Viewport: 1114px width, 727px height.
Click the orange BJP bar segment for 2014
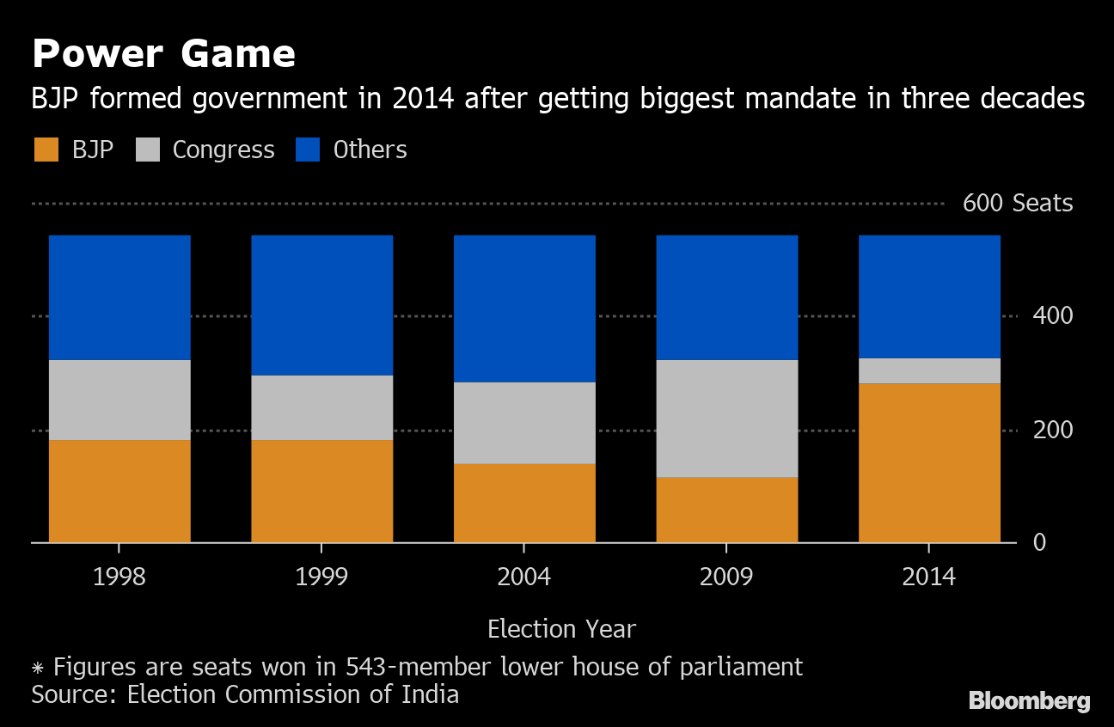pos(929,462)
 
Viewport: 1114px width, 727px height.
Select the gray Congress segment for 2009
pos(726,418)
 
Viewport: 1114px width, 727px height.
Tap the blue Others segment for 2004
pos(524,309)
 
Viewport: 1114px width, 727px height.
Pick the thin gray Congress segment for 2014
pos(929,370)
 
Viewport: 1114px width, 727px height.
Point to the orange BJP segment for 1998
pos(119,491)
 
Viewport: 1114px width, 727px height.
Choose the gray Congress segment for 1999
pos(321,407)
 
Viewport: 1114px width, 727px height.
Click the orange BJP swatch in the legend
pos(46,150)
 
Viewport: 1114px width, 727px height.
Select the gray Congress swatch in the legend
pos(149,150)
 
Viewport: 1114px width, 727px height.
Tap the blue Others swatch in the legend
pos(308,150)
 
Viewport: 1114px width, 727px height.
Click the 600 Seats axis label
pos(1017,204)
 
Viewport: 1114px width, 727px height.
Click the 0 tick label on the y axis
pos(1039,542)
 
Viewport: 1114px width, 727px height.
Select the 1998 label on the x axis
pos(119,576)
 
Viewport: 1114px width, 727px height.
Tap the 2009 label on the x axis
pos(726,576)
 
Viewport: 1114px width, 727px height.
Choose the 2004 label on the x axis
pos(524,576)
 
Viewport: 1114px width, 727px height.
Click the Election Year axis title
pos(561,629)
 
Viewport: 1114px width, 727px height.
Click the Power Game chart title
pos(163,54)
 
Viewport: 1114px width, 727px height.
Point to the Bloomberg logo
pos(1029,701)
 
